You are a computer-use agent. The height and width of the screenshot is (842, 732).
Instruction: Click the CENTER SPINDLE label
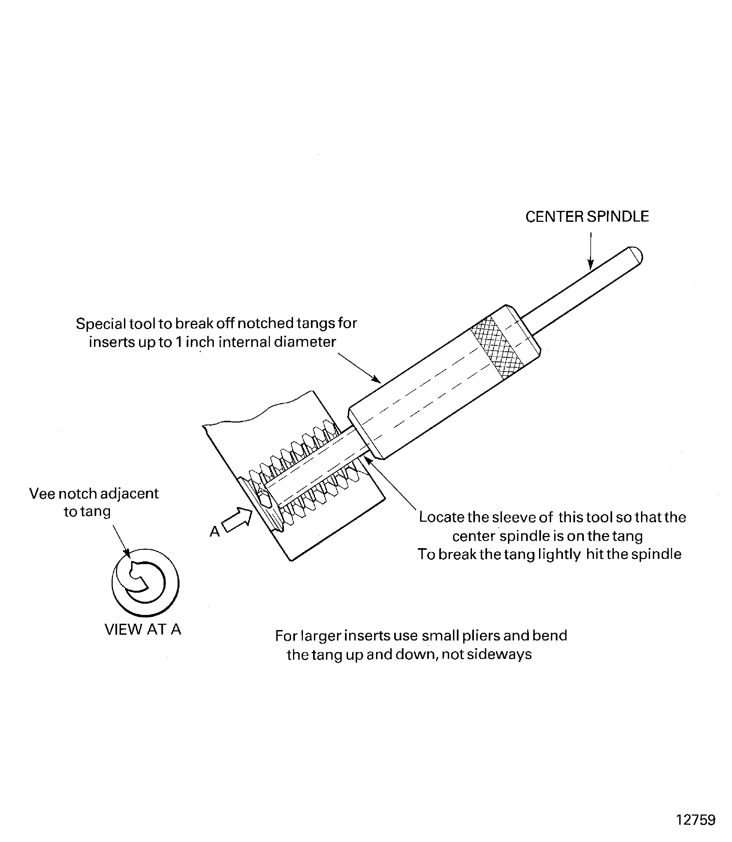click(587, 217)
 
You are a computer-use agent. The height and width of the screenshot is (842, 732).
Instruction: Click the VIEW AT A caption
click(143, 630)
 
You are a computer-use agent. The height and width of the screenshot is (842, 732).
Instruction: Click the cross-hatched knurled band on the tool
click(497, 348)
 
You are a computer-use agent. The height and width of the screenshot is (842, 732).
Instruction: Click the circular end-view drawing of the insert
click(145, 583)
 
